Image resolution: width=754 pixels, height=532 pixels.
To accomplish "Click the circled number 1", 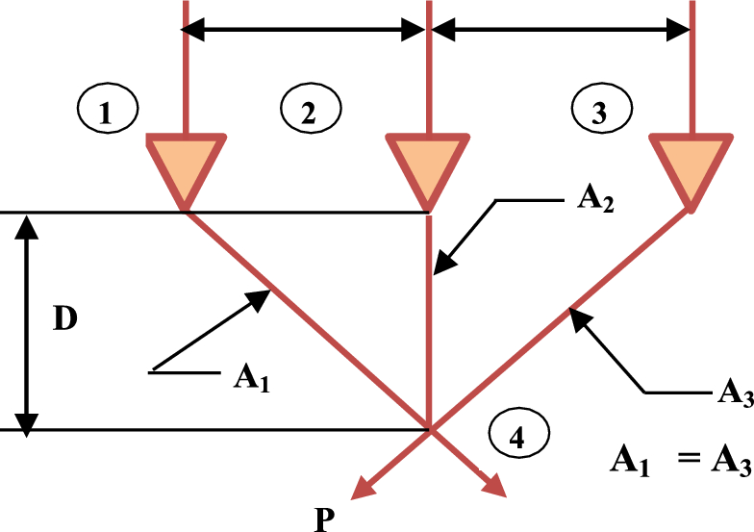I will click(108, 113).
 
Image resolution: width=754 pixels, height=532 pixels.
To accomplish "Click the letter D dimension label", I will click(64, 321).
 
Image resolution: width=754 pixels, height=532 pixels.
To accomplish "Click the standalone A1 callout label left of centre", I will click(250, 374).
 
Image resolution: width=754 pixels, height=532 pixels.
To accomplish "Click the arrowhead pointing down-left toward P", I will click(362, 490).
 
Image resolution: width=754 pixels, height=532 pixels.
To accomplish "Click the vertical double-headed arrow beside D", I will click(28, 321).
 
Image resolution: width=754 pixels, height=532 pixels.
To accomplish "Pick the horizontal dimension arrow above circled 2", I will click(306, 31).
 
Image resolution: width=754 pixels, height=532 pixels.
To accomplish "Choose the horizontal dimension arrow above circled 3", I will click(561, 31).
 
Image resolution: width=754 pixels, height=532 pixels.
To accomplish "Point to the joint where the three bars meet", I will click(429, 428).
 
